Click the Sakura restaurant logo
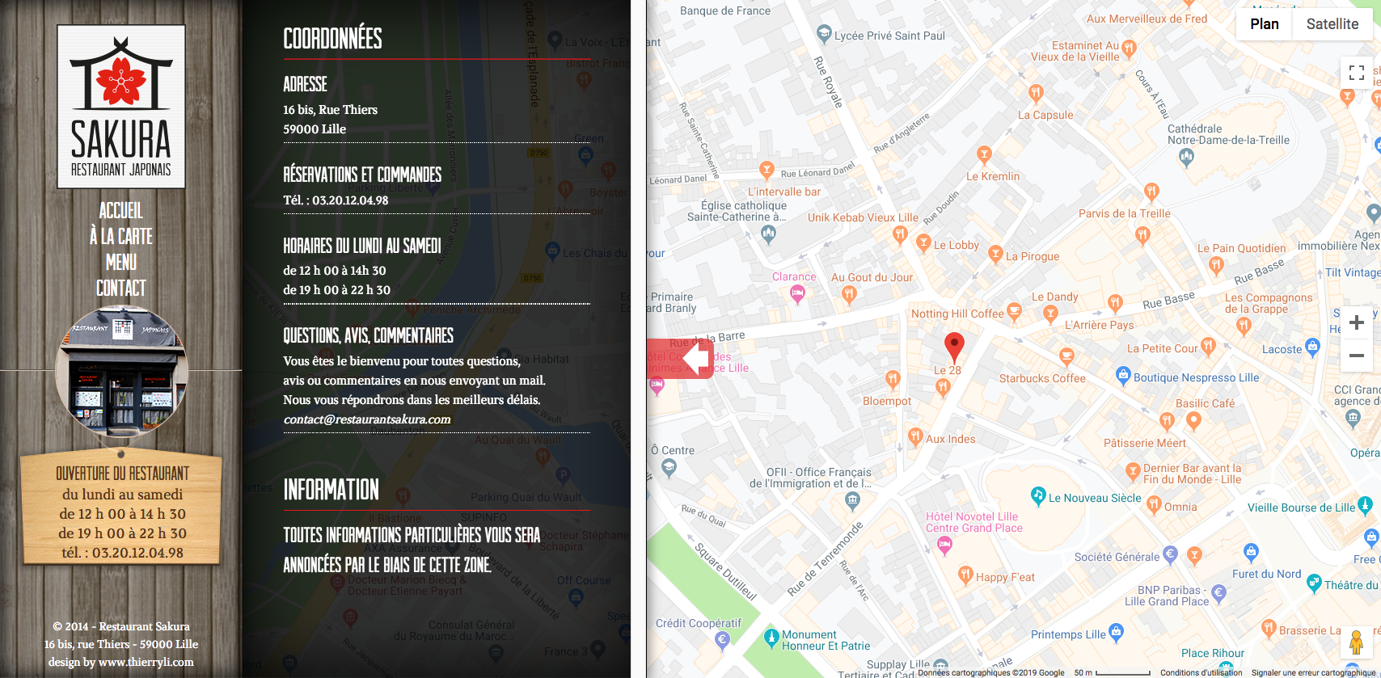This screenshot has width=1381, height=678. click(121, 107)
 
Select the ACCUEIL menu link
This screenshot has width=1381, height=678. click(121, 211)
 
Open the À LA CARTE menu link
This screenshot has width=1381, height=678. click(121, 237)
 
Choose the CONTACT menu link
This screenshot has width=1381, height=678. click(121, 288)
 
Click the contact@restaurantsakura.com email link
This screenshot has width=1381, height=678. click(367, 419)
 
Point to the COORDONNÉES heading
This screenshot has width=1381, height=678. click(332, 38)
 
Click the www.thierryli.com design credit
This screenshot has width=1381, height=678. click(146, 662)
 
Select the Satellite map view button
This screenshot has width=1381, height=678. click(1332, 24)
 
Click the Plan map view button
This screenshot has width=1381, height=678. click(1264, 24)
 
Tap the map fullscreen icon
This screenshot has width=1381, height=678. click(1356, 73)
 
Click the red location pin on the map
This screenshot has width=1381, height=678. click(954, 346)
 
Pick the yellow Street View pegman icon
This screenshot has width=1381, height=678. click(1356, 642)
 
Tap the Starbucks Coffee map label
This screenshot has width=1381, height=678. click(1041, 378)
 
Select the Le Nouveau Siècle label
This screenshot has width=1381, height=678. click(1094, 498)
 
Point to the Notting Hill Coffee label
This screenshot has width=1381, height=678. click(957, 314)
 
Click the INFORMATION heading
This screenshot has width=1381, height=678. click(331, 490)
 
